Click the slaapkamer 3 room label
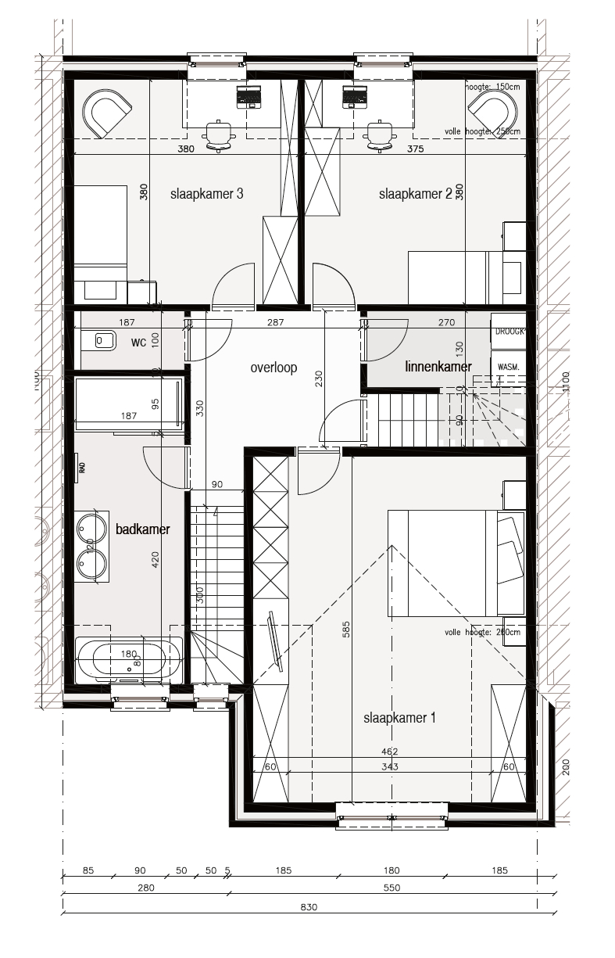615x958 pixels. point(206,195)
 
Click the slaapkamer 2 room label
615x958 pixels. point(415,195)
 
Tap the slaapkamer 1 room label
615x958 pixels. point(399,718)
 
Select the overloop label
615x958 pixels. point(274,368)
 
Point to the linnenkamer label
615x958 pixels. point(438,366)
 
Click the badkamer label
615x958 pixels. point(142,529)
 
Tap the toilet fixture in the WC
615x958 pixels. point(102,341)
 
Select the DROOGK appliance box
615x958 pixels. point(510,332)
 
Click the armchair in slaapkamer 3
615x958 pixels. point(108,113)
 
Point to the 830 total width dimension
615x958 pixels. point(309,908)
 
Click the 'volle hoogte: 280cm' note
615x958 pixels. point(477,632)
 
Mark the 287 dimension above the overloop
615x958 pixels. point(274,322)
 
